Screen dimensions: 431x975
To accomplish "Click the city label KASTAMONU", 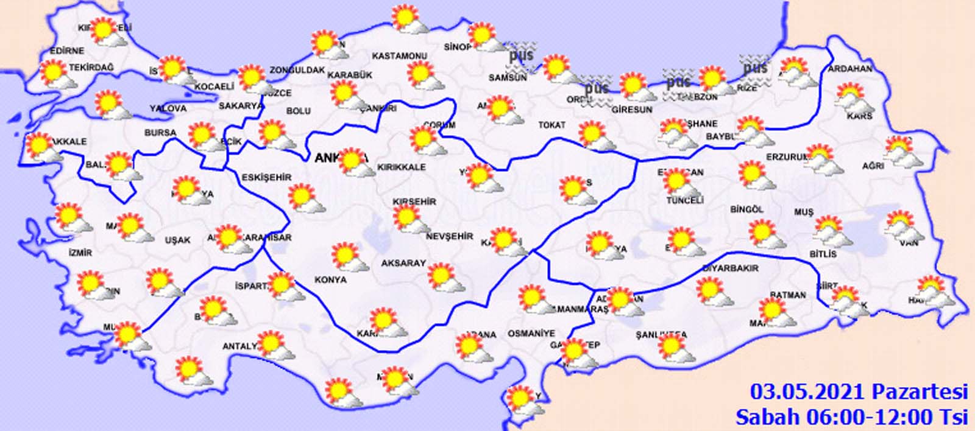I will coord(399,56).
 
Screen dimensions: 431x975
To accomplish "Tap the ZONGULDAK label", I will coord(297,70).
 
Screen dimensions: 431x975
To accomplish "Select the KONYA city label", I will coord(330,280).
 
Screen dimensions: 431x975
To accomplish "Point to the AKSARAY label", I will coord(403,264).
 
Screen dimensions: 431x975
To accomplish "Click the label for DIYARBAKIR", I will coord(731,268).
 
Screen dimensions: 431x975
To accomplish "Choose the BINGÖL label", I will coord(746,209).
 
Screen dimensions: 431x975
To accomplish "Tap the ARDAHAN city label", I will coord(850,69).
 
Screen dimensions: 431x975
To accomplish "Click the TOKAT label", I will coord(551,125).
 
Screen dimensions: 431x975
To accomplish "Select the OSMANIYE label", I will coord(531,334).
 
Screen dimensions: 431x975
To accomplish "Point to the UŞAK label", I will coord(177,240).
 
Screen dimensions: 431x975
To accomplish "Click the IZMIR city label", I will coord(80,252).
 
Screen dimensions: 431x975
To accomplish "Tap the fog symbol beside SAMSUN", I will coord(522,55).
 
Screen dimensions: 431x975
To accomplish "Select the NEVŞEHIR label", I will coord(449,236).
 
